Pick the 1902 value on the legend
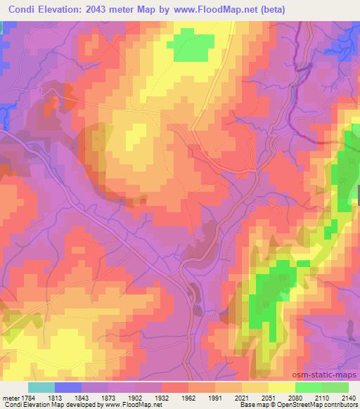pyautogui.click(x=137, y=397)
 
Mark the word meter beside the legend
pyautogui.click(x=8, y=397)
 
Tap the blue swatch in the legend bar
pyautogui.click(x=67, y=387)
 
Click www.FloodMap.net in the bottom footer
pyautogui.click(x=134, y=405)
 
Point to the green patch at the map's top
pyautogui.click(x=191, y=46)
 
